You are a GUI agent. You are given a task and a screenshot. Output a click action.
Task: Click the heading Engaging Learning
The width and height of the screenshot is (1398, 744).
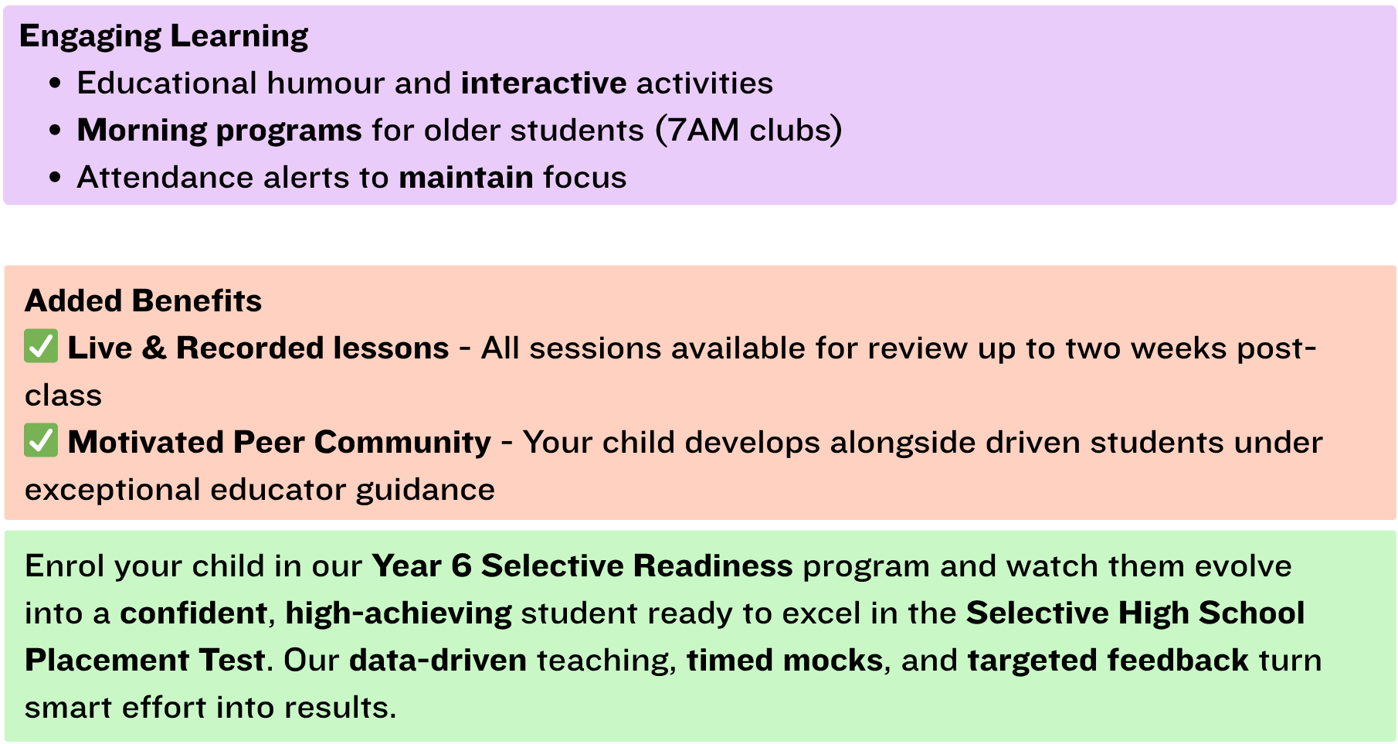164,36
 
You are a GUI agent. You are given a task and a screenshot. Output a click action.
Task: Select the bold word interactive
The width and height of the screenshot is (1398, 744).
544,83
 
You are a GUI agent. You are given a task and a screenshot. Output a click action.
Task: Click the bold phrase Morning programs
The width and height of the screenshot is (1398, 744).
219,131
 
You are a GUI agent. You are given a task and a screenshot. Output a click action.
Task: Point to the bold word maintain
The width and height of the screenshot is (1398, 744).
466,177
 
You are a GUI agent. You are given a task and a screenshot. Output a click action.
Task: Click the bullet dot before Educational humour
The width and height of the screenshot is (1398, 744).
55,83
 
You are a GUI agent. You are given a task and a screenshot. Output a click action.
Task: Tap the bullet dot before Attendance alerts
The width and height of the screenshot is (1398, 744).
55,178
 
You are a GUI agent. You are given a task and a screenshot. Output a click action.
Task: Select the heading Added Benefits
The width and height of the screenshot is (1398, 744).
144,301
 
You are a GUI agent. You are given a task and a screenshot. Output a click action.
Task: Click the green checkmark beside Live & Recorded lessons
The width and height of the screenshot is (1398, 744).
41,347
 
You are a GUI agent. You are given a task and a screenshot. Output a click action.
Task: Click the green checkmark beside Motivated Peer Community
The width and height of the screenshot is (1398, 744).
41,441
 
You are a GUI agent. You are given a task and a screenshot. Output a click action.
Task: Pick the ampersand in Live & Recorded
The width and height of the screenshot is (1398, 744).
154,348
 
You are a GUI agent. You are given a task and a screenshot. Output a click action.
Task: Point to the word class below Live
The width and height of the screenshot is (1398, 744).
63,396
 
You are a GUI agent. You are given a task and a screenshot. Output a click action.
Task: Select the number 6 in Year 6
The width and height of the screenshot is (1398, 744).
462,566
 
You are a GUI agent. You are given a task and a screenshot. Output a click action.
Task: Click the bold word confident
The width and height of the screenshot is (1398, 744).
194,613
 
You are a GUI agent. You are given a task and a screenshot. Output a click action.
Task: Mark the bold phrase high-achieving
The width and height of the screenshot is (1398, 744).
399,614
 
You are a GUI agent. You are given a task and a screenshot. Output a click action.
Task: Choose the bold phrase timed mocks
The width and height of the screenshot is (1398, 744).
785,661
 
